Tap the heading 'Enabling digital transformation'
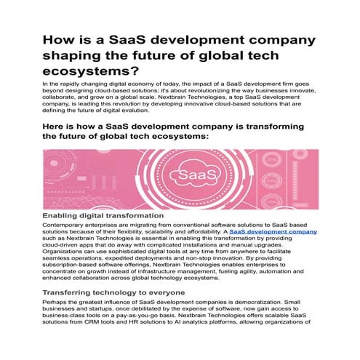click(103, 216)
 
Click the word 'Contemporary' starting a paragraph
click(64, 225)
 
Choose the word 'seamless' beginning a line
click(57, 257)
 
